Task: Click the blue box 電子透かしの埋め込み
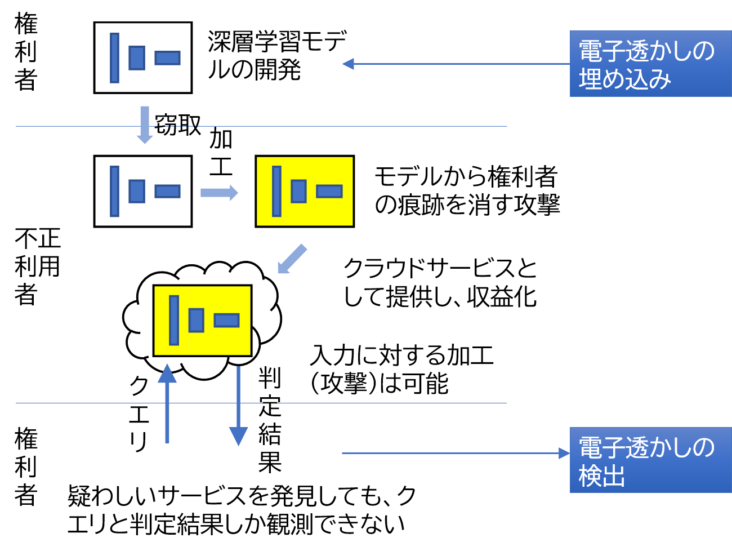pyautogui.click(x=650, y=64)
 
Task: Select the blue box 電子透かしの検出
pyautogui.click(x=650, y=460)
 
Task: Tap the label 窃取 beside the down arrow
pyautogui.click(x=178, y=125)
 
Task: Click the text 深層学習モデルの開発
pyautogui.click(x=278, y=55)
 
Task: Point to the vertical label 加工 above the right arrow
pyautogui.click(x=220, y=152)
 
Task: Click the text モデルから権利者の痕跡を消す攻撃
pyautogui.click(x=467, y=190)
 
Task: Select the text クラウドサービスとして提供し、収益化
pyautogui.click(x=440, y=282)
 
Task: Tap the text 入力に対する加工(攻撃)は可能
pyautogui.click(x=401, y=370)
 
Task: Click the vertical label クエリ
pyautogui.click(x=139, y=414)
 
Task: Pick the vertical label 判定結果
pyautogui.click(x=270, y=420)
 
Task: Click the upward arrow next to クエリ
pyautogui.click(x=167, y=403)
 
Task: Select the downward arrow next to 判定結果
pyautogui.click(x=238, y=406)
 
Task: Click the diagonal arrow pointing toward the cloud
pyautogui.click(x=292, y=259)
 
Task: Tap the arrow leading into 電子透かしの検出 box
pyautogui.click(x=456, y=454)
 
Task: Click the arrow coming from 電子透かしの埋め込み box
pyautogui.click(x=456, y=64)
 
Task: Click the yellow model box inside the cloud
pyautogui.click(x=202, y=321)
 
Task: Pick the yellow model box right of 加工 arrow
pyautogui.click(x=305, y=192)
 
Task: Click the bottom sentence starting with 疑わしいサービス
pyautogui.click(x=242, y=509)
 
